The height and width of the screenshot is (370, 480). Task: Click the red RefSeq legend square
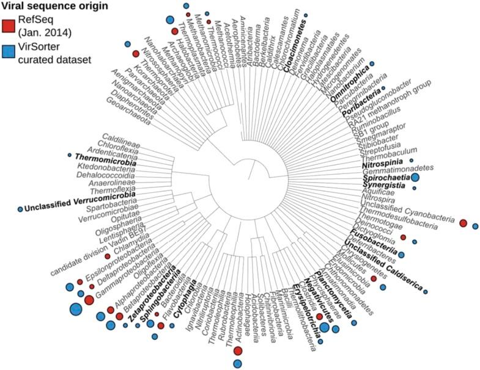tap(8, 25)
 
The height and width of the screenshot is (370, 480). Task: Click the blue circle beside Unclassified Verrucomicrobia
tap(21, 209)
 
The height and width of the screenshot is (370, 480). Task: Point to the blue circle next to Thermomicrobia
tap(70, 154)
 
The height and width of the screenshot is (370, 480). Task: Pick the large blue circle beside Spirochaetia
tap(415, 177)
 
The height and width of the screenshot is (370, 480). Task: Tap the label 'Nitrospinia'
tap(382, 165)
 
